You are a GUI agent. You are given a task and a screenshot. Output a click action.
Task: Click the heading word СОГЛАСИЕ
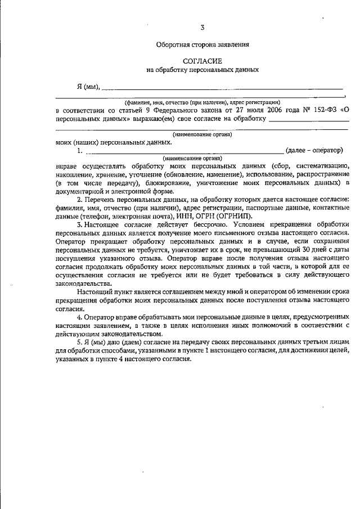tap(202, 60)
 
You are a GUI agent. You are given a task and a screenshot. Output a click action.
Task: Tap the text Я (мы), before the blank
tap(88, 87)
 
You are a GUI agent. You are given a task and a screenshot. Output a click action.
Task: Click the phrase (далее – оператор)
tap(314, 151)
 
